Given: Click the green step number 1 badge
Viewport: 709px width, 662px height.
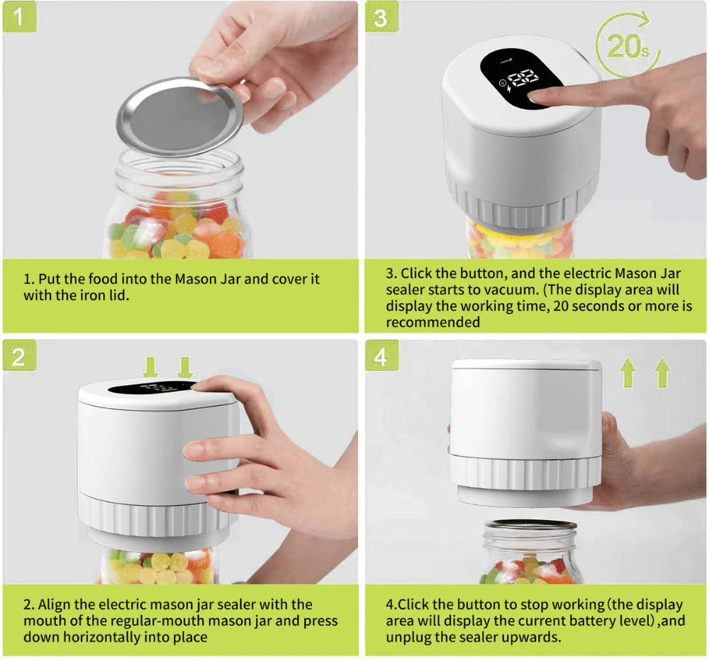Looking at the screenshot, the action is pos(19,17).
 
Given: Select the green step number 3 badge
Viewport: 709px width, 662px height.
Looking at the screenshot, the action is pos(381,17).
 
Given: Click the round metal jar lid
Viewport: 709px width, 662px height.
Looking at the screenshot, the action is pos(179,116).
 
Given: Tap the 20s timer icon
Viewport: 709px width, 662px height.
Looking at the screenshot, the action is pos(627,45).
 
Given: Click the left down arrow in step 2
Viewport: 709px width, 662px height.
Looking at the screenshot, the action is pos(150,367).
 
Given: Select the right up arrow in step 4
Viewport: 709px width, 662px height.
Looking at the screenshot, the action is pos(662,372).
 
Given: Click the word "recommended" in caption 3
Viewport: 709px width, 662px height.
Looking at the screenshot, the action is pos(432,322).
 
